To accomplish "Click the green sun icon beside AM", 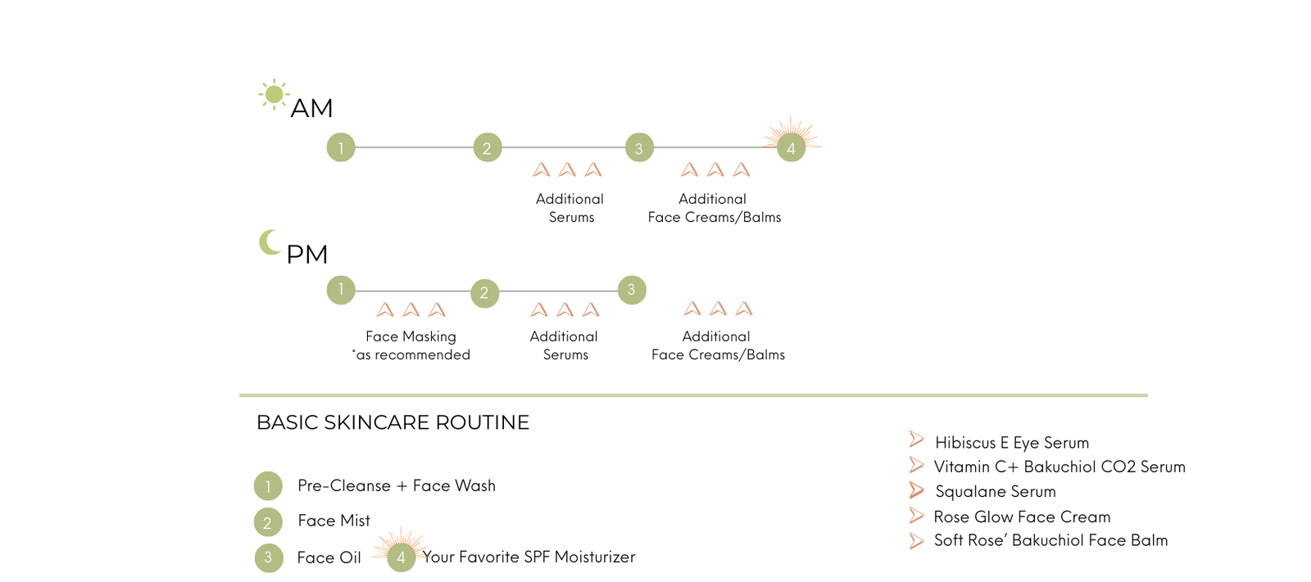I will pyautogui.click(x=274, y=94).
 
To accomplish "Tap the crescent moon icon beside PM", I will pyautogui.click(x=269, y=242).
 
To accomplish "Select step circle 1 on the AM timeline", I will pyautogui.click(x=341, y=148).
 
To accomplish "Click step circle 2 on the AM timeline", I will pyautogui.click(x=487, y=148).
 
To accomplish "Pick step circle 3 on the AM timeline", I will pyautogui.click(x=639, y=148).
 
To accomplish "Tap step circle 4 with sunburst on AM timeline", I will pyautogui.click(x=791, y=148).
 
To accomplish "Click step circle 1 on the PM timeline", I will pyautogui.click(x=341, y=290).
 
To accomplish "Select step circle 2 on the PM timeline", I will pyautogui.click(x=484, y=293).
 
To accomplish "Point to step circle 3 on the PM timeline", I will pyautogui.click(x=631, y=290).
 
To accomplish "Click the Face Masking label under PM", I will pyautogui.click(x=411, y=336).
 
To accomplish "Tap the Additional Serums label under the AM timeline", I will pyautogui.click(x=570, y=208).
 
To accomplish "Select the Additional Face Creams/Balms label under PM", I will pyautogui.click(x=718, y=345).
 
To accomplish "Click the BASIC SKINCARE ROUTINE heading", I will pyautogui.click(x=392, y=422).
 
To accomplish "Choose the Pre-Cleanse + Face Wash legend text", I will pyautogui.click(x=397, y=485).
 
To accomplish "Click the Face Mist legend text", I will pyautogui.click(x=333, y=521).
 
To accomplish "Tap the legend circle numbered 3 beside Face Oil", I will pyautogui.click(x=268, y=558).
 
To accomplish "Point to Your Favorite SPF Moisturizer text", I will pyautogui.click(x=528, y=557).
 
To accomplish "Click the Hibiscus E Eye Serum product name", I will pyautogui.click(x=1012, y=443).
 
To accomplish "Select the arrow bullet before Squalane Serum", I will pyautogui.click(x=916, y=490).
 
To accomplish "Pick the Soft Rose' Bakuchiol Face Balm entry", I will pyautogui.click(x=1050, y=540).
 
